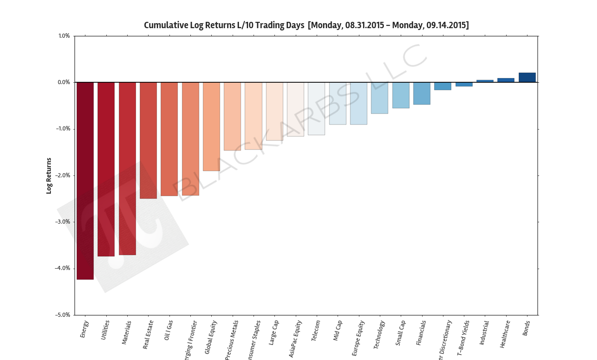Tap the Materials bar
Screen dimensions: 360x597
127,168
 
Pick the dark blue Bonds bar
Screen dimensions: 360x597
527,78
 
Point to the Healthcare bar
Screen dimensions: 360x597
506,80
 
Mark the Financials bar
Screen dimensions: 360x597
422,93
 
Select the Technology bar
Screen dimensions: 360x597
379,98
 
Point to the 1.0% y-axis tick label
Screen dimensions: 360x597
64,36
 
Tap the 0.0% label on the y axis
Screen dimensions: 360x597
64,82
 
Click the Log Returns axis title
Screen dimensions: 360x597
49,175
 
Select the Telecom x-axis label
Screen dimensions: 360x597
316,331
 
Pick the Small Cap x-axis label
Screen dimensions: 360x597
400,333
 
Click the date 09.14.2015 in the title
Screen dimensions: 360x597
446,25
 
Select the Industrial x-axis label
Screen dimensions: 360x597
484,333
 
